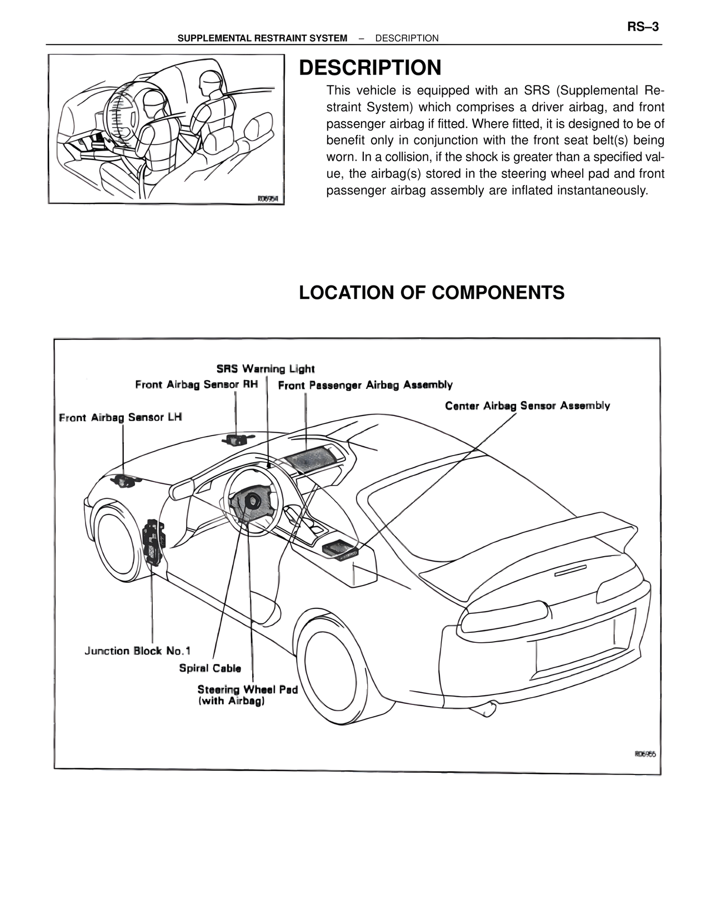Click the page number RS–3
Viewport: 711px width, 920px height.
643,27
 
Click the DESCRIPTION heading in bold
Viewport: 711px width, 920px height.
370,68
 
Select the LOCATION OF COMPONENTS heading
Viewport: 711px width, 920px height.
432,292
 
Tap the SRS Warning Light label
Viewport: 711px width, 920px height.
266,369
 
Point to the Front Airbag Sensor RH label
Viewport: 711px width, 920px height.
197,384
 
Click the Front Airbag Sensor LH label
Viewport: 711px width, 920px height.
121,417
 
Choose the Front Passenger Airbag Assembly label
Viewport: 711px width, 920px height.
365,385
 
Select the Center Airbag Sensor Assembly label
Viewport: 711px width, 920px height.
527,406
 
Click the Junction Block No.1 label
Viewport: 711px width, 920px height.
137,651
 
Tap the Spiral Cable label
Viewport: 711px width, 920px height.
210,668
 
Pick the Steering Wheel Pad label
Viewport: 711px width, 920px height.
247,690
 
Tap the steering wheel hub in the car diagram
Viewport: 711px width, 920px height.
254,501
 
